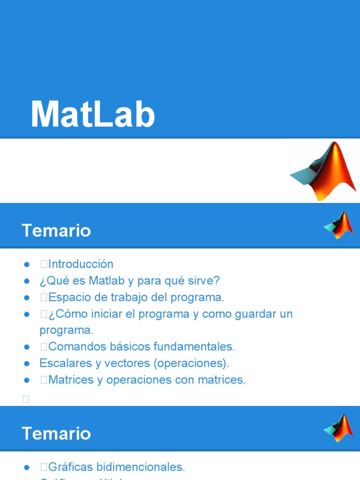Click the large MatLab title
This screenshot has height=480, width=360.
pyautogui.click(x=93, y=115)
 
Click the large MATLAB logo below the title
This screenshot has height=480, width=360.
pyautogui.click(x=324, y=172)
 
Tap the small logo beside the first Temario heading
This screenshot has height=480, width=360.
pyautogui.click(x=338, y=225)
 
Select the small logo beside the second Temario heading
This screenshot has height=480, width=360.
pyautogui.click(x=338, y=428)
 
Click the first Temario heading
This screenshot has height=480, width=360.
pyautogui.click(x=56, y=231)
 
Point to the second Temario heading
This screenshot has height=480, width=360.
pyautogui.click(x=56, y=434)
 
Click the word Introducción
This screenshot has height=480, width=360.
pyautogui.click(x=81, y=264)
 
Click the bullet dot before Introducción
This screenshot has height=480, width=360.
pyautogui.click(x=27, y=265)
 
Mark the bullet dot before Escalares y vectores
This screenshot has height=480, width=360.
pyautogui.click(x=27, y=364)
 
